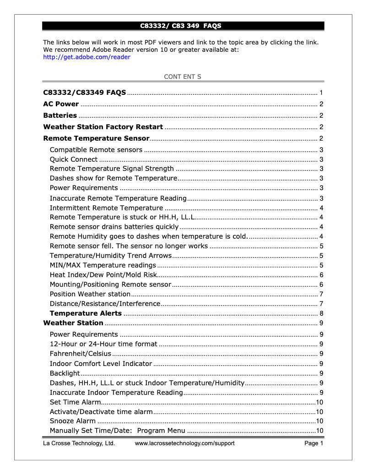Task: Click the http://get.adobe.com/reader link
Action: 86,57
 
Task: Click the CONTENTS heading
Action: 183,76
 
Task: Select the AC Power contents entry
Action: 61,104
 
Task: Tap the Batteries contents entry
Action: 60,115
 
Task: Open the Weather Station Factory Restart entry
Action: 103,127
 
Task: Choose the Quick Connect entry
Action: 74,159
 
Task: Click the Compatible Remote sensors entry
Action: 96,150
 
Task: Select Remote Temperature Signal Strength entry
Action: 112,169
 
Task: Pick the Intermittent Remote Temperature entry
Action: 106,208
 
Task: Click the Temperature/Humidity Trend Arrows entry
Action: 111,256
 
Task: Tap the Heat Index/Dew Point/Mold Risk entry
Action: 103,275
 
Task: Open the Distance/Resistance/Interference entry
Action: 105,304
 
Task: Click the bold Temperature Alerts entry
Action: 86,313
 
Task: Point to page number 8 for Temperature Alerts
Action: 322,314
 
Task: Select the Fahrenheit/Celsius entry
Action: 81,354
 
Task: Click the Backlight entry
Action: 65,373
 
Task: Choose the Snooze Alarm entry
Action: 73,421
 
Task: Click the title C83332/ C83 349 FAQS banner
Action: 183,26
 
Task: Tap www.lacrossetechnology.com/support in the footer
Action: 184,443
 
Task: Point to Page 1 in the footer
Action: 314,443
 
